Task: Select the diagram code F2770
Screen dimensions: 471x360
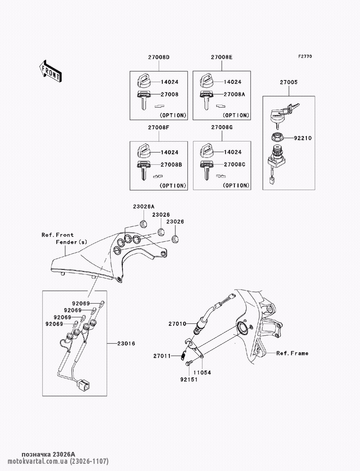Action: pyautogui.click(x=305, y=56)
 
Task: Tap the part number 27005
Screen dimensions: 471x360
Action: pyautogui.click(x=289, y=82)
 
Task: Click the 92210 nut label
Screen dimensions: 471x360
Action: pyautogui.click(x=303, y=138)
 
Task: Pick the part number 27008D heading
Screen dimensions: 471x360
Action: pyautogui.click(x=158, y=57)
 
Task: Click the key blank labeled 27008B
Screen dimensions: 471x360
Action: pyautogui.click(x=143, y=169)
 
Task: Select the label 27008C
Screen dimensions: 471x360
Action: pyautogui.click(x=234, y=164)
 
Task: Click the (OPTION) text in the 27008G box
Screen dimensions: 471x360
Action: pyautogui.click(x=236, y=186)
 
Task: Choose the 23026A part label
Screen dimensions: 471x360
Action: pyautogui.click(x=144, y=207)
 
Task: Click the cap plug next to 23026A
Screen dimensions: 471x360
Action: pyautogui.click(x=143, y=223)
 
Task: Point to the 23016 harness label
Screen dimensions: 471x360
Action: pyautogui.click(x=126, y=344)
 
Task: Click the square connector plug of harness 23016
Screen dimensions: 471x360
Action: pyautogui.click(x=84, y=385)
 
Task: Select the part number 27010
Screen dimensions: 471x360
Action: pyautogui.click(x=177, y=324)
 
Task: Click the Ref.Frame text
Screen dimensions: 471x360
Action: pyautogui.click(x=292, y=353)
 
